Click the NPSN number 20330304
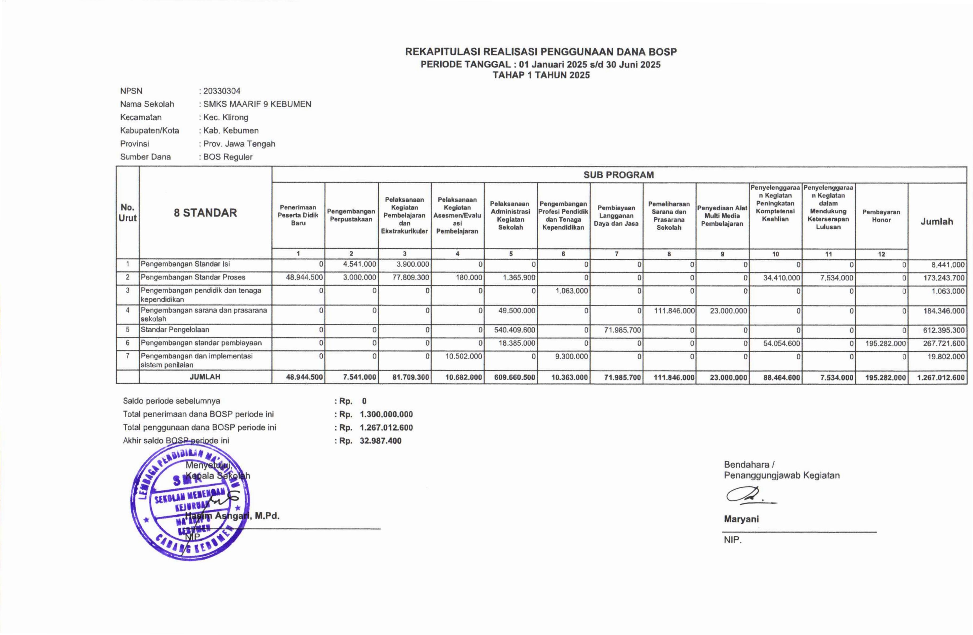[x=222, y=91]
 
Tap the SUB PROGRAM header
[x=619, y=175]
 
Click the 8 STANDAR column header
[x=205, y=213]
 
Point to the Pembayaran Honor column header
[x=881, y=216]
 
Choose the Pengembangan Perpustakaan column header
[x=351, y=215]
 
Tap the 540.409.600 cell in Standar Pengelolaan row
[x=514, y=330]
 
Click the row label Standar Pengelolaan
[x=175, y=330]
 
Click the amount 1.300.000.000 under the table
[x=386, y=414]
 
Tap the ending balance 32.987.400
[x=381, y=441]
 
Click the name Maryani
[x=741, y=519]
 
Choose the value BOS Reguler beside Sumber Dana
[x=228, y=157]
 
